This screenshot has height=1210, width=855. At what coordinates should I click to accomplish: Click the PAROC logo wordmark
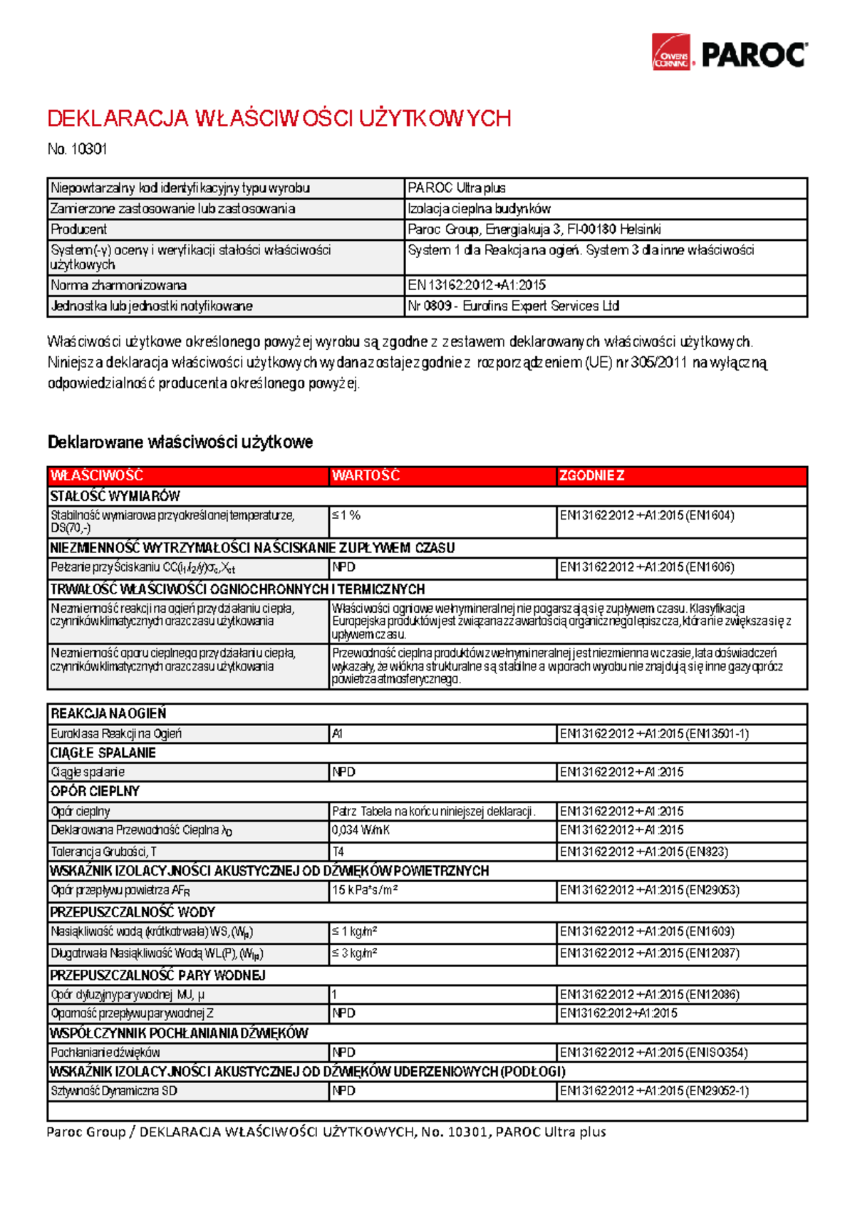click(x=754, y=55)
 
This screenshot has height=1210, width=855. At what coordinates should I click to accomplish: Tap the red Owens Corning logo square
click(x=671, y=52)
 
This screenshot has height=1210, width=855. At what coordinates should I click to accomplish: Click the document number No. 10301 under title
click(x=77, y=149)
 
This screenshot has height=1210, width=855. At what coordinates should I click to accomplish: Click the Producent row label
click(x=78, y=229)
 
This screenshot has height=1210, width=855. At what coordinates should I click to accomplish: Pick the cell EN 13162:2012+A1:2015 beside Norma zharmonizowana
click(x=477, y=285)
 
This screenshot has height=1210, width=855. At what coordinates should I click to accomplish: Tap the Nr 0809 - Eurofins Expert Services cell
click(x=513, y=306)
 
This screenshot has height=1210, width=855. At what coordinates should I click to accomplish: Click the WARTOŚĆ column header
click(x=366, y=475)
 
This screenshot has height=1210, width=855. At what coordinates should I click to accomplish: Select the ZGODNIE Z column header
click(x=591, y=475)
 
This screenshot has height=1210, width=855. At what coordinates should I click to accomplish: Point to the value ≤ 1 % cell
click(x=346, y=515)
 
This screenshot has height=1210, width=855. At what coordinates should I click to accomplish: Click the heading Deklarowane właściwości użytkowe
click(x=180, y=442)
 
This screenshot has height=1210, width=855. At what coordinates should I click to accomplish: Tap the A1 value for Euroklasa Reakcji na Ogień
click(x=338, y=733)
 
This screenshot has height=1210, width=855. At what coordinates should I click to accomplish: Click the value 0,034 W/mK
click(x=361, y=830)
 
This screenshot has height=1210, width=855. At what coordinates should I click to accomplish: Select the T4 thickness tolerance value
click(x=338, y=852)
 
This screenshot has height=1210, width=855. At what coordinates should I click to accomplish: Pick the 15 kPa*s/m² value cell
click(x=365, y=890)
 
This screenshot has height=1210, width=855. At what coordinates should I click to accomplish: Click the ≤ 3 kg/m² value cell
click(x=355, y=953)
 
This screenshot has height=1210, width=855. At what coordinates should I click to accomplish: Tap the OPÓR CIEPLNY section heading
click(x=95, y=791)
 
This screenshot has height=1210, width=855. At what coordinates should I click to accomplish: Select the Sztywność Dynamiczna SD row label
click(x=113, y=1090)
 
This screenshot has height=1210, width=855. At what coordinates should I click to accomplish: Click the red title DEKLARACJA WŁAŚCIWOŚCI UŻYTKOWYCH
click(x=279, y=118)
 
